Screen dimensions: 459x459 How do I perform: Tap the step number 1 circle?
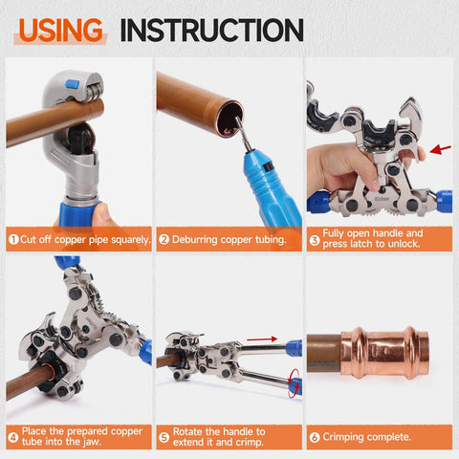pyautogui.click(x=13, y=239)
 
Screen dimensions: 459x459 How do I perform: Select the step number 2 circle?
pyautogui.click(x=164, y=239)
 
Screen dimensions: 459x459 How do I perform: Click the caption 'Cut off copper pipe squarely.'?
pyautogui.click(x=84, y=239)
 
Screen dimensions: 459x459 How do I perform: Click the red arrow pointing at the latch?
pyautogui.click(x=440, y=149)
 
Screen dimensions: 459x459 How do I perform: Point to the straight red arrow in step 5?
pyautogui.click(x=262, y=338)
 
